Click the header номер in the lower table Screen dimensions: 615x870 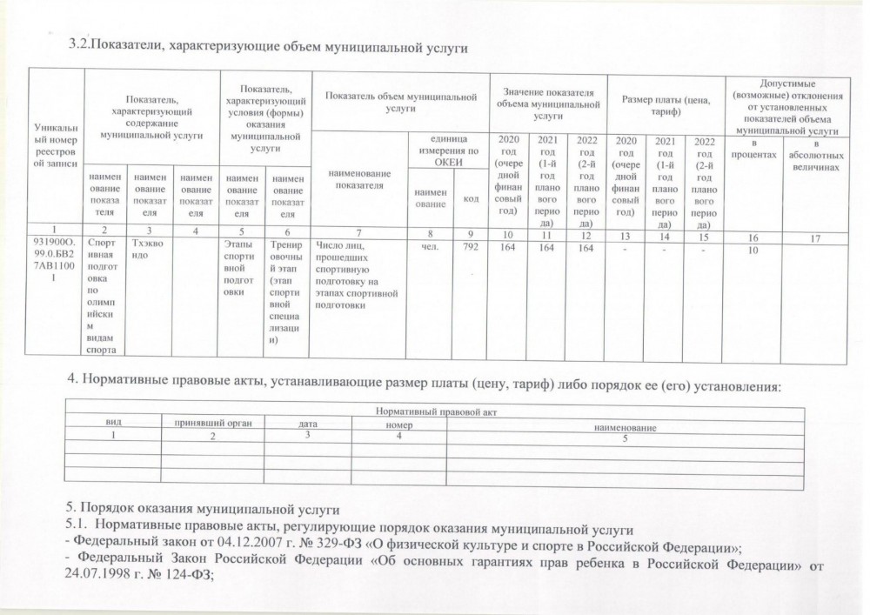[x=399, y=424]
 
